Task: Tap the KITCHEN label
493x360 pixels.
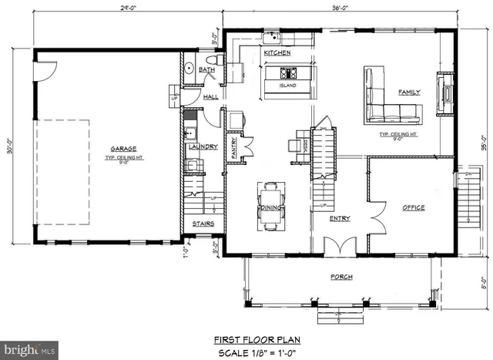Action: click(277, 53)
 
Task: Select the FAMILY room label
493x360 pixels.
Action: click(408, 92)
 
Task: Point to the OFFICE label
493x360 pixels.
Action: click(414, 207)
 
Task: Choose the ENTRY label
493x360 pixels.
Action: click(340, 218)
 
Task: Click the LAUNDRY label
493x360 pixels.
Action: click(203, 146)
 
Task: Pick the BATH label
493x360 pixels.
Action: click(206, 69)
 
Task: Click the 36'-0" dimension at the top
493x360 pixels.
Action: click(339, 8)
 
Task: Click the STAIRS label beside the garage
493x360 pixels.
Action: click(203, 224)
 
